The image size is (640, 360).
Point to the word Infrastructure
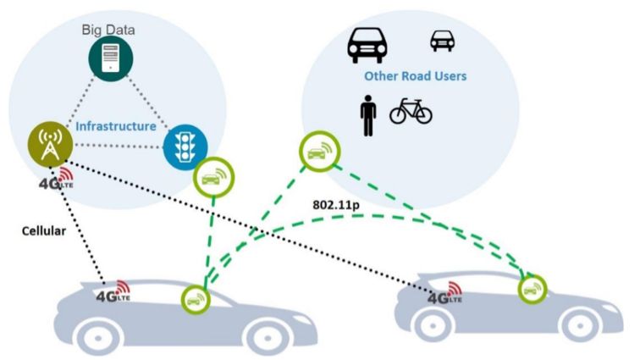(116, 126)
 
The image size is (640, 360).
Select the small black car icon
(443, 40)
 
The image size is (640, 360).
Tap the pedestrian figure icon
(367, 115)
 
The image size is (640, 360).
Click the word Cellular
(42, 229)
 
